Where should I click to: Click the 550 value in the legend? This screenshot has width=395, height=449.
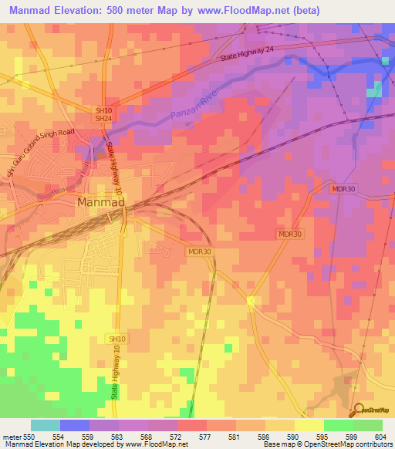29,437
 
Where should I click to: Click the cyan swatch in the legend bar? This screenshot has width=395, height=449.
46,425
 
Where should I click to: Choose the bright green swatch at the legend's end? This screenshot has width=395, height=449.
367,425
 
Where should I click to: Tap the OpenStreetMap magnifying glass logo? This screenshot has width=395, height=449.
358,410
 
